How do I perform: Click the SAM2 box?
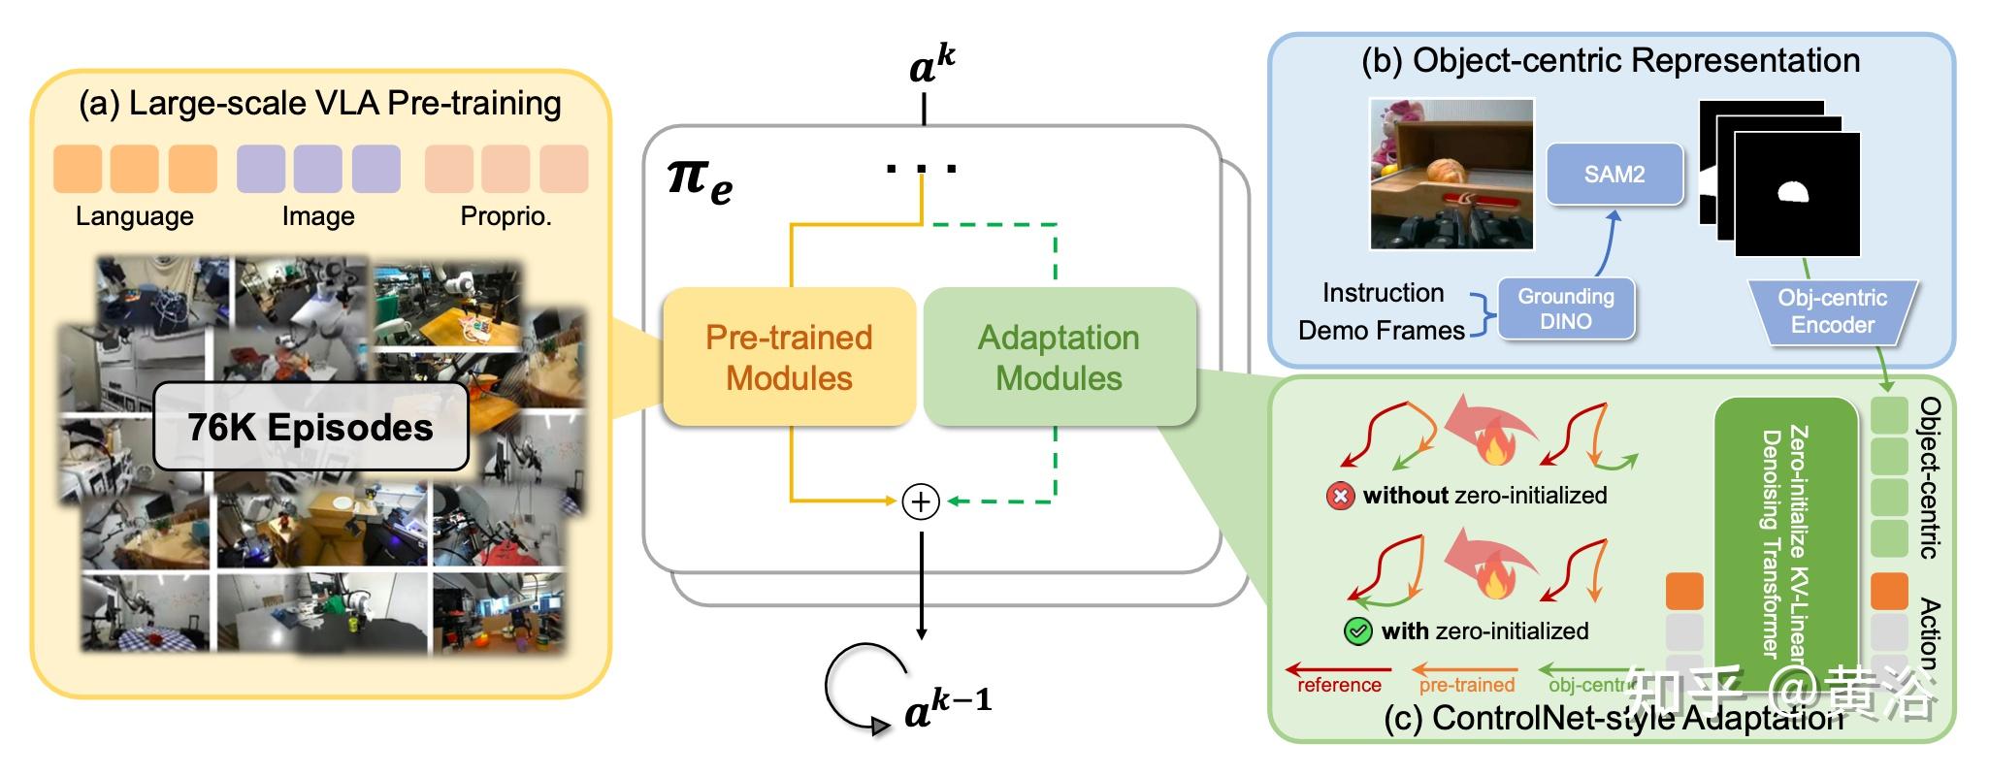(x=1614, y=175)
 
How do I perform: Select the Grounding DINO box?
(x=1566, y=308)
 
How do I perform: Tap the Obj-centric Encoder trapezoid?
(x=1832, y=311)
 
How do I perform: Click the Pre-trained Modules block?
(x=789, y=357)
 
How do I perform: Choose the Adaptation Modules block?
(x=1059, y=357)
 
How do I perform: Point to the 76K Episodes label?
(x=310, y=427)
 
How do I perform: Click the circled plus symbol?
(x=921, y=501)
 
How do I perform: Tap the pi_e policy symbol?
(x=700, y=181)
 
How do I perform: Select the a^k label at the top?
(x=932, y=65)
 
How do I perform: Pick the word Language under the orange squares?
(x=135, y=216)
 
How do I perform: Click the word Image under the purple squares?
(x=318, y=216)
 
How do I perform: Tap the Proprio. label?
(x=505, y=216)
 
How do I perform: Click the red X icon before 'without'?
(x=1340, y=497)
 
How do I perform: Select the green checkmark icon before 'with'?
(x=1357, y=632)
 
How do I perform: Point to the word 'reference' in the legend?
(x=1339, y=685)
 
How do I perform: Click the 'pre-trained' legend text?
(x=1466, y=685)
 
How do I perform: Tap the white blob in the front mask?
(x=1793, y=192)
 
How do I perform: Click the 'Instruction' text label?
(x=1383, y=293)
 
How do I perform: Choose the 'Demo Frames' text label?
(x=1381, y=331)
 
